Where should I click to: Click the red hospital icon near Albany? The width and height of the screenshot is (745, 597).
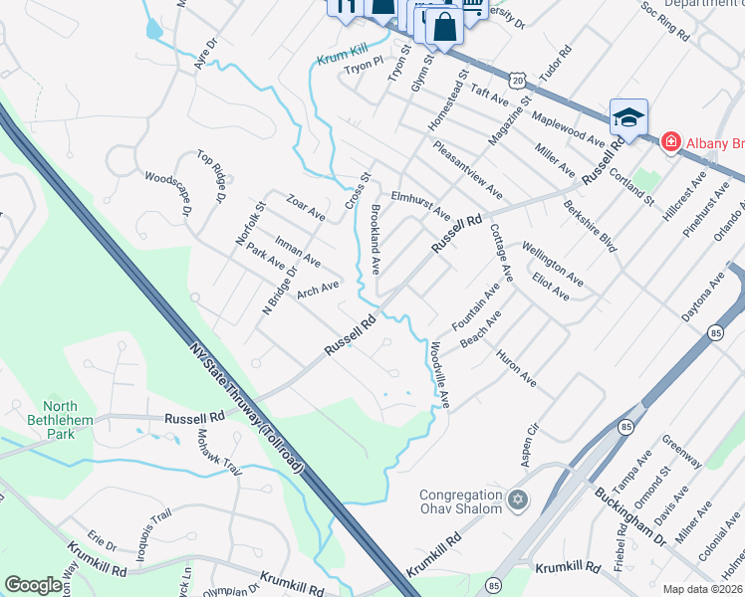[x=671, y=142]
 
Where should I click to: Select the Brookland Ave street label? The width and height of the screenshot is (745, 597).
[x=376, y=240]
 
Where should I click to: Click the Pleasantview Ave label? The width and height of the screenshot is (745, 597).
[x=467, y=168]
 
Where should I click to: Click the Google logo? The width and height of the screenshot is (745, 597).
[x=34, y=585]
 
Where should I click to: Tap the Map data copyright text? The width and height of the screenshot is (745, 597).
[x=702, y=589]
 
